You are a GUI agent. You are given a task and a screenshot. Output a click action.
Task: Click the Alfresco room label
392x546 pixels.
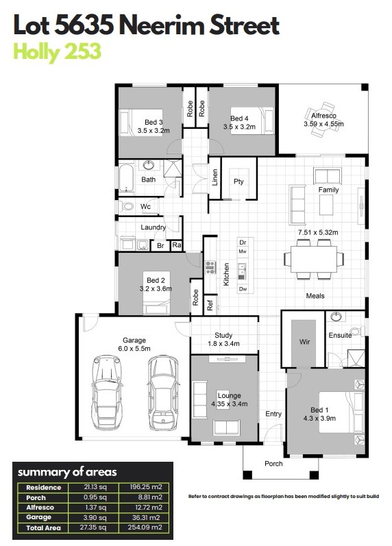click(323, 116)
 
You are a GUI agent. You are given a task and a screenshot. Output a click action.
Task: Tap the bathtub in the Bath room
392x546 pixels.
click(126, 177)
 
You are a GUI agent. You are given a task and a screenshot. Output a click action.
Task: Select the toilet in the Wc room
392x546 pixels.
click(127, 206)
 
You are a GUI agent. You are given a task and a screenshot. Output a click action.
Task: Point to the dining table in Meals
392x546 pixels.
click(314, 259)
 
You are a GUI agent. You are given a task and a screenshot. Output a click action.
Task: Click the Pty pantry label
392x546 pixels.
click(238, 182)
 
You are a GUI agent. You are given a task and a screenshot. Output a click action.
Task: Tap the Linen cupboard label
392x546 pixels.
click(215, 177)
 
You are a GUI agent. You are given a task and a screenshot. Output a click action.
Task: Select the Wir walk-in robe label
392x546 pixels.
click(304, 342)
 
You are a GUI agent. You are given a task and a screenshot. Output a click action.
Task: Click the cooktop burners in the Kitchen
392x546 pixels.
click(210, 266)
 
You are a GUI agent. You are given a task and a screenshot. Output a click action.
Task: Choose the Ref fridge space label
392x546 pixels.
click(210, 305)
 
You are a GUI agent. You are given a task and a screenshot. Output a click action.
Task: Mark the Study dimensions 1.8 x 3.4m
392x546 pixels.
click(223, 344)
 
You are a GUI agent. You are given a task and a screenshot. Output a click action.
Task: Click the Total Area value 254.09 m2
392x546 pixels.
click(145, 528)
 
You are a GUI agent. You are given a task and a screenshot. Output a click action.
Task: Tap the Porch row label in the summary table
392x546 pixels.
click(36, 497)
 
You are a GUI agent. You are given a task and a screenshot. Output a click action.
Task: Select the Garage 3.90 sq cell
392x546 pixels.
click(95, 517)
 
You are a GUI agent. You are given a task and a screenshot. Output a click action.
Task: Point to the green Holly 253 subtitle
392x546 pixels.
click(57, 51)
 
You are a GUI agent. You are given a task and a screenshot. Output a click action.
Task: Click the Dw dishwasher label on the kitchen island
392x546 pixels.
click(243, 288)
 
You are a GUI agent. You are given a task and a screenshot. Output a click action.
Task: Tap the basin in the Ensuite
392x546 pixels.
click(336, 317)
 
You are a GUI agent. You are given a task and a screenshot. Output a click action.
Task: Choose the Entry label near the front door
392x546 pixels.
click(273, 414)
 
